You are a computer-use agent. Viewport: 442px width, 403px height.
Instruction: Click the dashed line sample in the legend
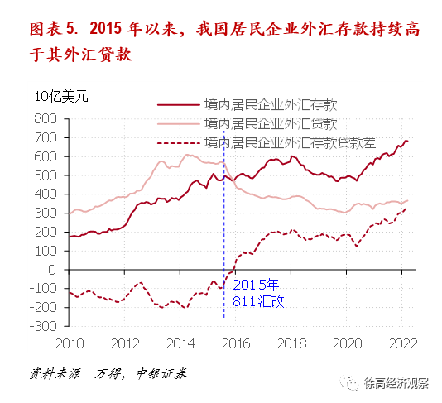pos(178,142)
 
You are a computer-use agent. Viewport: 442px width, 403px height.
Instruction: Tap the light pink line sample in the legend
pos(178,124)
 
